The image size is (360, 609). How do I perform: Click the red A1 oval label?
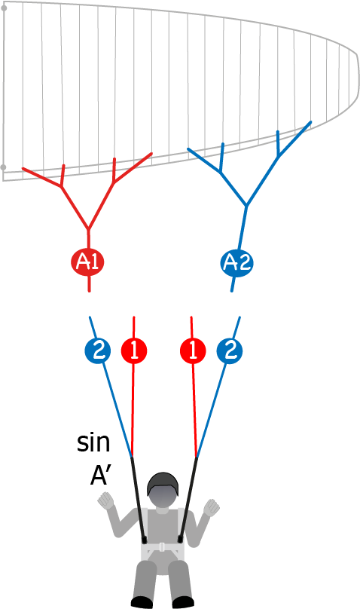click(87, 262)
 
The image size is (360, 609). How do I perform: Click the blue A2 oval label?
click(237, 262)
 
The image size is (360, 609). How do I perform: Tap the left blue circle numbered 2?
click(98, 351)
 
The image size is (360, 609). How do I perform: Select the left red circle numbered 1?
click(134, 350)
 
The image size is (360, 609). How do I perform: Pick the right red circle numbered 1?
click(193, 351)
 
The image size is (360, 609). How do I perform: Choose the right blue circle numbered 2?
click(230, 351)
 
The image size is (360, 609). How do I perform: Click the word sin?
click(93, 442)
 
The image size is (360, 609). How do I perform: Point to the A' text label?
click(101, 476)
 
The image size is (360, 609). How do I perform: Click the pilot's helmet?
click(163, 484)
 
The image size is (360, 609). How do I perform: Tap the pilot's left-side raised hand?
click(106, 500)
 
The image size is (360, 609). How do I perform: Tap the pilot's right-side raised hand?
click(212, 507)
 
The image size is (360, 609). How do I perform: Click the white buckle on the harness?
click(162, 547)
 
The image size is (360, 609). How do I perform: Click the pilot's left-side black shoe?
click(142, 602)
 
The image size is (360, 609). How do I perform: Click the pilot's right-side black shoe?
click(183, 602)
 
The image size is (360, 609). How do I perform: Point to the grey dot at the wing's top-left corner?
click(4, 8)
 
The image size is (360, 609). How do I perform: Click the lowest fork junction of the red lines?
click(88, 229)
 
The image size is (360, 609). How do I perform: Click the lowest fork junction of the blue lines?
click(246, 206)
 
